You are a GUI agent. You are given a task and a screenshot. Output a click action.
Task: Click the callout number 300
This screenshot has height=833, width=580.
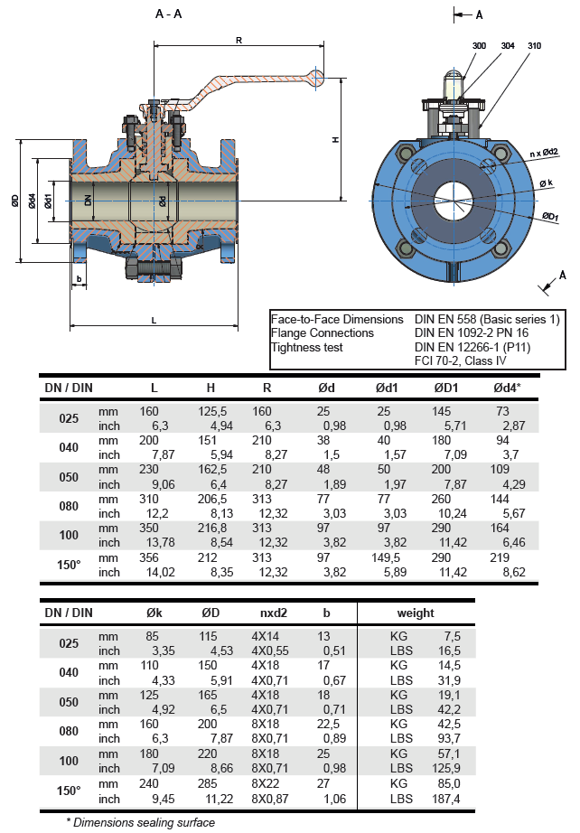tap(479, 44)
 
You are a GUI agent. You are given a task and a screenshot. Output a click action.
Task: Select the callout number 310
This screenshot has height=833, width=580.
tap(535, 44)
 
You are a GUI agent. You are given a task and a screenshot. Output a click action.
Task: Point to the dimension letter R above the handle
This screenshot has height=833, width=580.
tap(239, 40)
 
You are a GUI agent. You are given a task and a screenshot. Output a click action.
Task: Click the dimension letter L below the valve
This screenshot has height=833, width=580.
tap(154, 320)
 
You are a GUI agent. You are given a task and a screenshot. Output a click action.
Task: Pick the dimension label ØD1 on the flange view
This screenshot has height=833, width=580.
tap(549, 217)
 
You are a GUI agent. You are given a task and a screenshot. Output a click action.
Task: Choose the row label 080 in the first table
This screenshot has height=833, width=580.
tap(69, 506)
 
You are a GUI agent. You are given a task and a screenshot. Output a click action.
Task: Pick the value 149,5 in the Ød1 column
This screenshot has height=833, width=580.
tap(388, 557)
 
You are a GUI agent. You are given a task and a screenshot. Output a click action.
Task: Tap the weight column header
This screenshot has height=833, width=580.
tap(415, 613)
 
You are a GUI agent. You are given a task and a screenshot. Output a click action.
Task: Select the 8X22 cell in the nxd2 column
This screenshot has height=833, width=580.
tap(267, 785)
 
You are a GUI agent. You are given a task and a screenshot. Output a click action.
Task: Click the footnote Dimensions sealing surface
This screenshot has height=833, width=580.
tap(142, 822)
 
